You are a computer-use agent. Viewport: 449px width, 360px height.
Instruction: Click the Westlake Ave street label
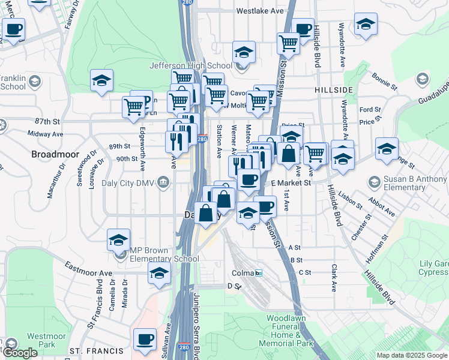click(x=259, y=11)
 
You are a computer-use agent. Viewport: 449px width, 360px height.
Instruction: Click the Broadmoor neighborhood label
click(x=55, y=154)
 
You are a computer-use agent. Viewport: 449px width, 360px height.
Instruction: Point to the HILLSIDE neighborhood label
click(x=333, y=89)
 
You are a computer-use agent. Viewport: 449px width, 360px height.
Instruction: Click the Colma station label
click(x=244, y=273)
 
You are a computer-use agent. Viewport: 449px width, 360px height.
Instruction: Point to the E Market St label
click(x=291, y=182)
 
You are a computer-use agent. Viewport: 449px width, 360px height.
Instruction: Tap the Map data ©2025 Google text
click(x=411, y=355)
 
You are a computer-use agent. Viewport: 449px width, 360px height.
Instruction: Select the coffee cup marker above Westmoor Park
click(x=145, y=340)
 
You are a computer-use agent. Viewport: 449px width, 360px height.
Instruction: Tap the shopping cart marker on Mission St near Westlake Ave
click(x=288, y=44)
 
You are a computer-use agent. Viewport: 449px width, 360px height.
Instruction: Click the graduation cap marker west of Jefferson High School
click(x=102, y=80)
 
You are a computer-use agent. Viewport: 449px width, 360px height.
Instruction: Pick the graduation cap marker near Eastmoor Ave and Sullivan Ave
click(x=159, y=274)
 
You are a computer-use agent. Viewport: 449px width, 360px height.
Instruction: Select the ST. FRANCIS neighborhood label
click(x=90, y=350)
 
